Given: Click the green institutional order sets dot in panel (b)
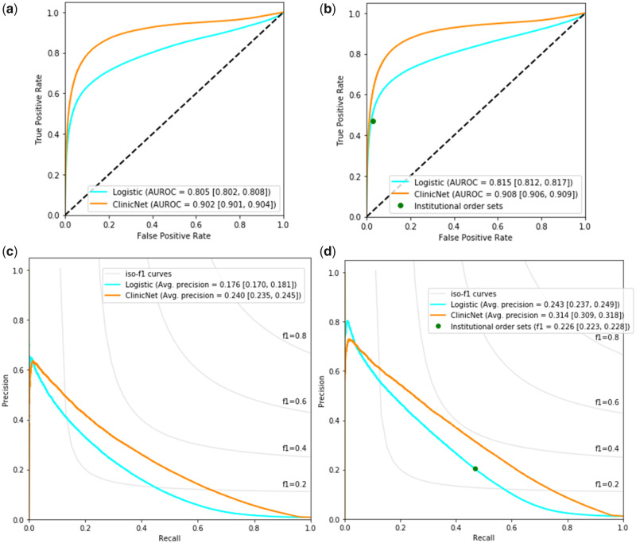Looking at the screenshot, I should click(372, 121).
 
